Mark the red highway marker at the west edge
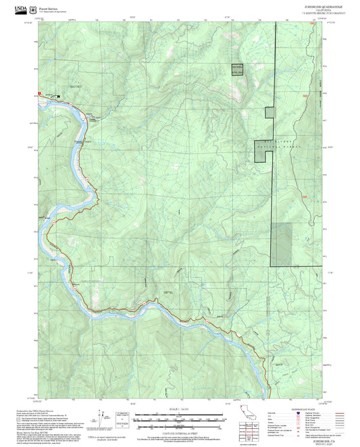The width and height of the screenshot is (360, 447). click(x=40, y=92)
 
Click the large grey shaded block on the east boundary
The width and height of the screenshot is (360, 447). click(x=283, y=244)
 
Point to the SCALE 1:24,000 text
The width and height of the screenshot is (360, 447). click(x=180, y=411)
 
